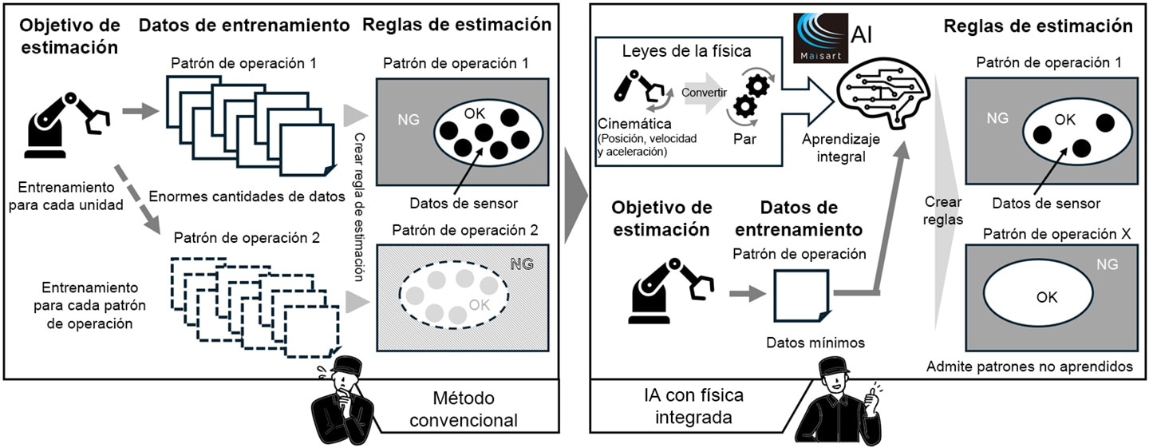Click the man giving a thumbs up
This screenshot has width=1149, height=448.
pyautogui.click(x=843, y=404)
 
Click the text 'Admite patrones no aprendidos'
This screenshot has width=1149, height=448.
pyautogui.click(x=1029, y=367)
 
